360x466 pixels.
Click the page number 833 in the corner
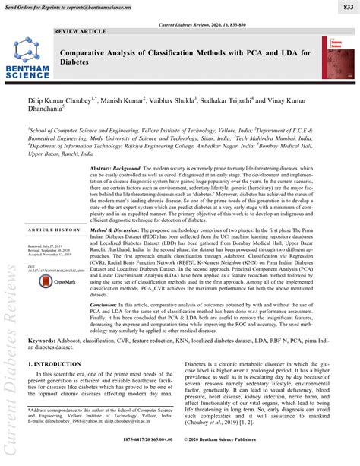click(x=346, y=7)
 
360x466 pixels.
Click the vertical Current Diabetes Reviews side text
click(x=10, y=380)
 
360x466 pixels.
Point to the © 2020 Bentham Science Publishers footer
click(x=251, y=460)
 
